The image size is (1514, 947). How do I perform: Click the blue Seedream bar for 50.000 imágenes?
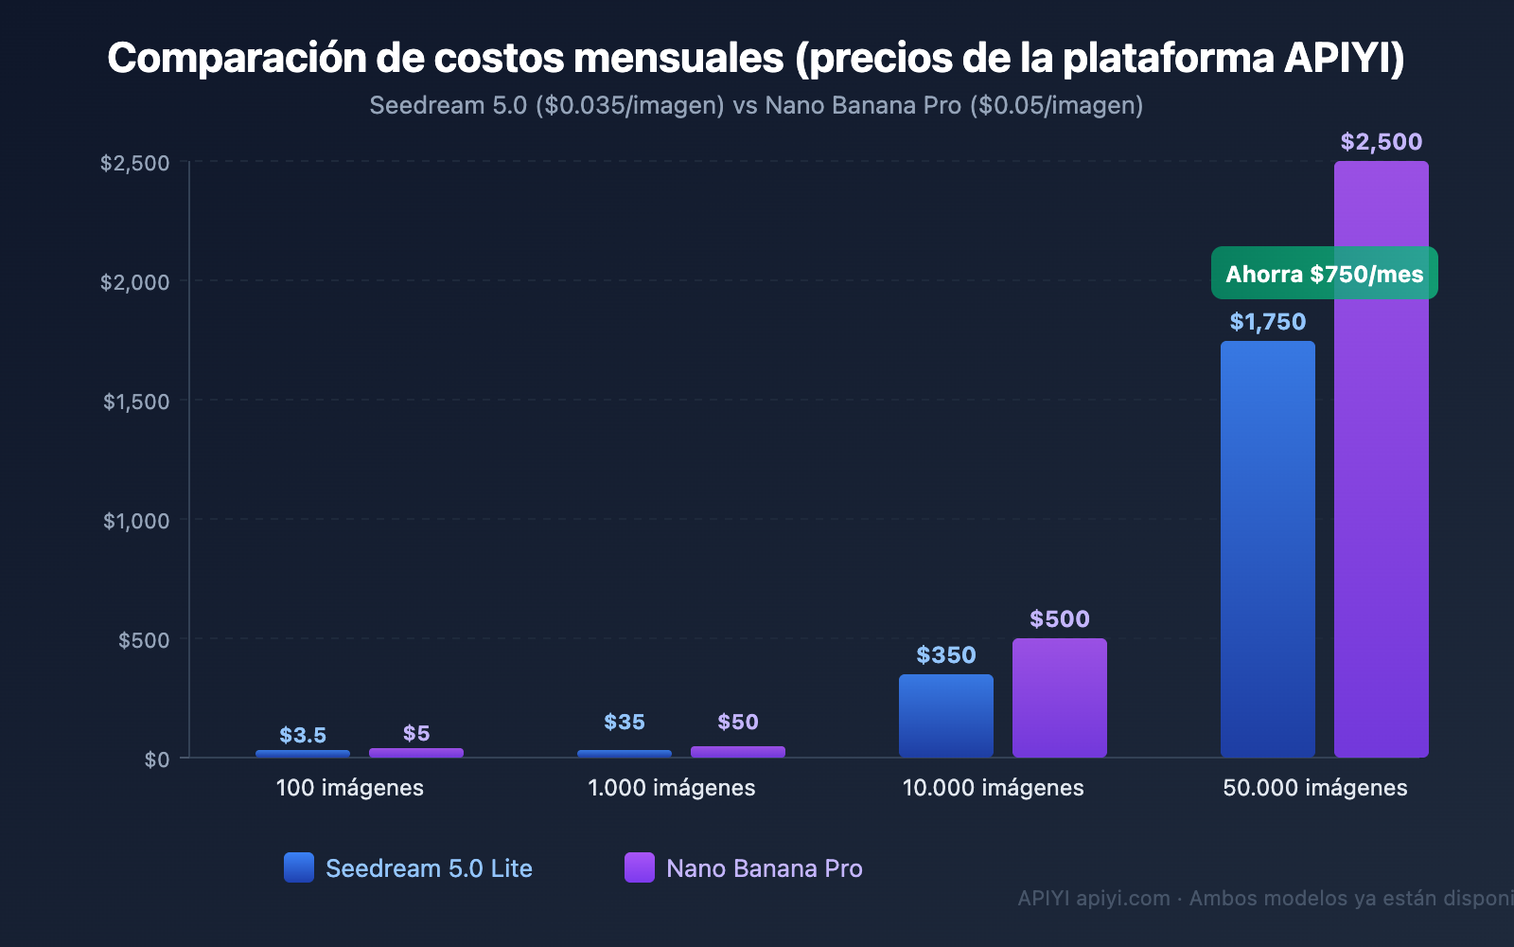[x=1267, y=549]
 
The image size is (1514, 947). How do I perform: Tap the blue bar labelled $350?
[x=945, y=716]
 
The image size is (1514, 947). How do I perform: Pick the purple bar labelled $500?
[x=1059, y=698]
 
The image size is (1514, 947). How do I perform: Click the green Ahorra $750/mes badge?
[x=1324, y=274]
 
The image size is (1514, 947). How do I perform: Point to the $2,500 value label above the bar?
[x=1381, y=142]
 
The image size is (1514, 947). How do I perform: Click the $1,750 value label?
[x=1267, y=322]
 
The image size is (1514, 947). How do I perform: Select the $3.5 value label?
[x=303, y=735]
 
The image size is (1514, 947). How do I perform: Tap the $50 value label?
[x=737, y=722]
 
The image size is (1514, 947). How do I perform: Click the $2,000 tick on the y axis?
[x=135, y=282]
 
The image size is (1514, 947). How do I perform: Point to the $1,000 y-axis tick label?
[x=136, y=521]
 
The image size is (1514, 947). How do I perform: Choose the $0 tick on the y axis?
[x=157, y=759]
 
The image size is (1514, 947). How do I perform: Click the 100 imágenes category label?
[x=349, y=788]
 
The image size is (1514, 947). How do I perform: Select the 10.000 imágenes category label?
[x=993, y=788]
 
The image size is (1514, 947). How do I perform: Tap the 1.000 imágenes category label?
[x=671, y=788]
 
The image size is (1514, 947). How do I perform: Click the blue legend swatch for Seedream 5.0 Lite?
[x=299, y=867]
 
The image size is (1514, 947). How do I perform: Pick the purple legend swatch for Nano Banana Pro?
[x=640, y=867]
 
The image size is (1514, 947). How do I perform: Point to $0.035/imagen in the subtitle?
[x=629, y=105]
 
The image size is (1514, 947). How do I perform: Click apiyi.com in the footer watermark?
[x=1123, y=898]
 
